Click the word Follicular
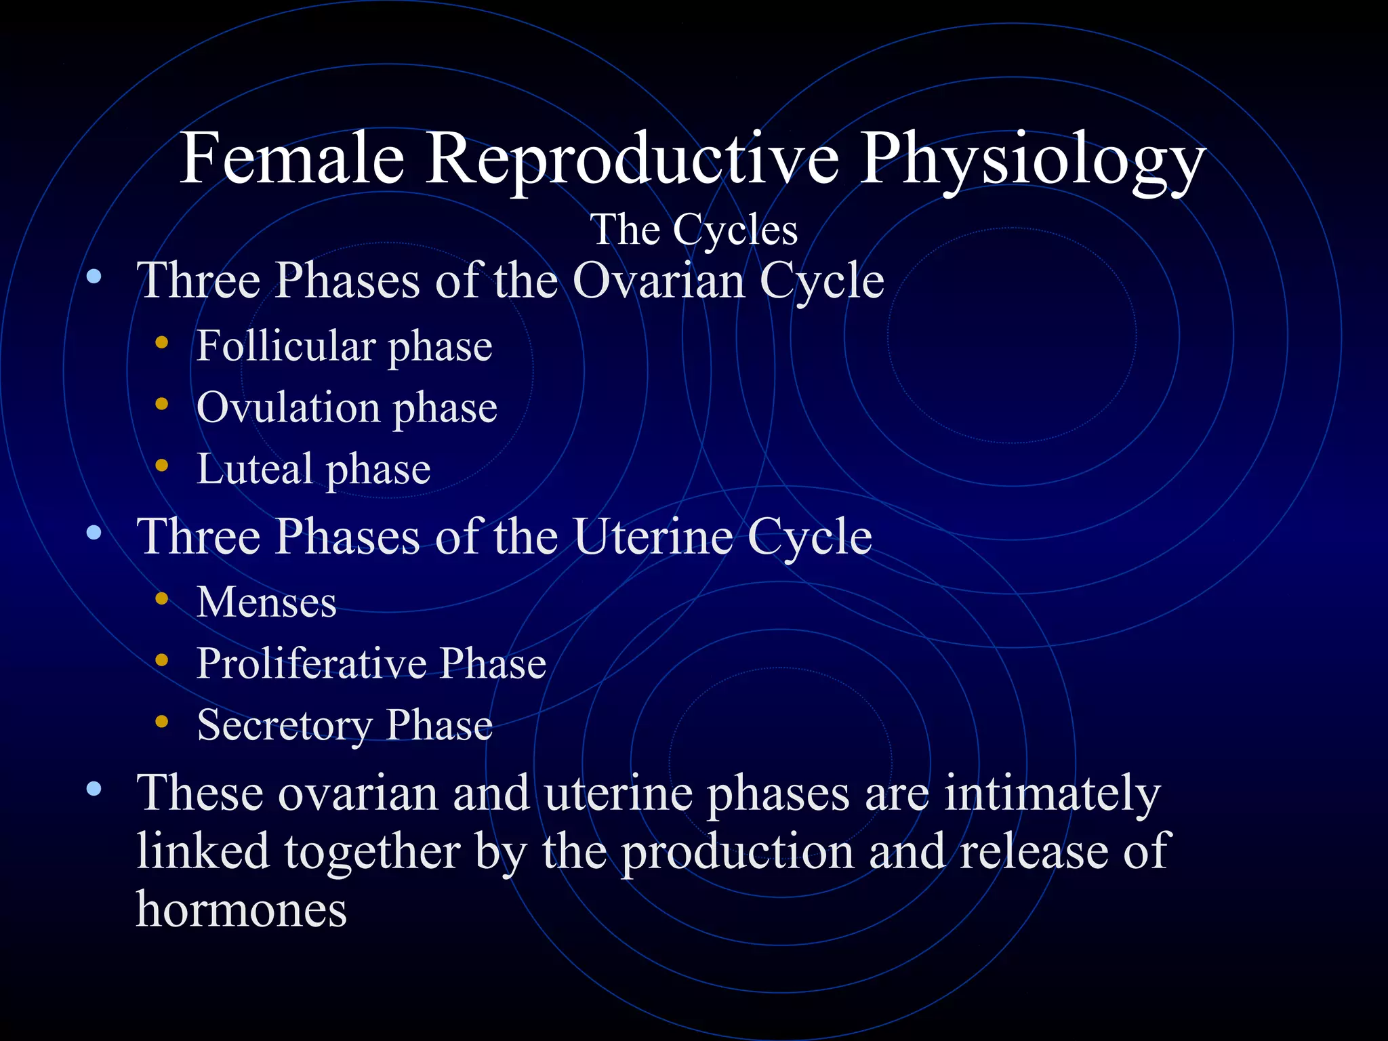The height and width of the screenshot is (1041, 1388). pos(285,346)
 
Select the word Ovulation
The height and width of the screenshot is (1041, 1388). pos(288,408)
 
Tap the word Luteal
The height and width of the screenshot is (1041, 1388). pos(254,469)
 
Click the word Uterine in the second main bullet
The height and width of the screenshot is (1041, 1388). pos(653,537)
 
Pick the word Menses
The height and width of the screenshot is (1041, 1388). pos(266,602)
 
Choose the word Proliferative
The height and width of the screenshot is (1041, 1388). pos(311,664)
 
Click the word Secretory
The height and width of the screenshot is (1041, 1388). pos(284,725)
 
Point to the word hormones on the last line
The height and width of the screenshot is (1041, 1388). pos(241,909)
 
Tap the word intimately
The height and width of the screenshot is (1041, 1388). pos(1052,794)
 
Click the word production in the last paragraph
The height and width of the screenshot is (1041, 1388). pos(737,852)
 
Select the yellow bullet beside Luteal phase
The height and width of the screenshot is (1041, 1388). pos(161,466)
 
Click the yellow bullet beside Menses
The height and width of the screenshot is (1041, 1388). pos(161,598)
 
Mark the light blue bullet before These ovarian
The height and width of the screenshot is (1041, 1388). pos(94,789)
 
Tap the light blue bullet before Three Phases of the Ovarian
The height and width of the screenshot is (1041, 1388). pos(94,277)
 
